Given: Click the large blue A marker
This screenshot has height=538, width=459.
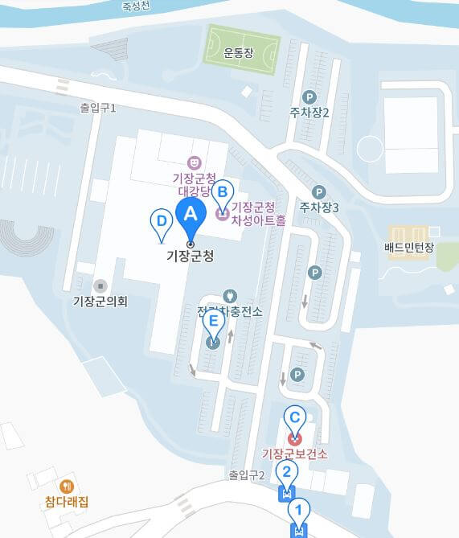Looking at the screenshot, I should tap(191, 214).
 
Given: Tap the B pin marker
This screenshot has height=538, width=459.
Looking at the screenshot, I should tap(223, 192).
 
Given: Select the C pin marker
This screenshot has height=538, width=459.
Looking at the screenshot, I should tap(295, 417).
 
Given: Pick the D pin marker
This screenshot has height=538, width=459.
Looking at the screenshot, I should tap(162, 220).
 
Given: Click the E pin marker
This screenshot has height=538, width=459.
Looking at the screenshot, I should tap(213, 322).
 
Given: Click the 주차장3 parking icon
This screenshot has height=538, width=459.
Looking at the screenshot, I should tap(318, 192).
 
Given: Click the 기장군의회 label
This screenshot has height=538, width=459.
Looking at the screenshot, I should tap(100, 302).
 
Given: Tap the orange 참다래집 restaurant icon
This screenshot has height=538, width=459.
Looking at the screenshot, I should tap(67, 486).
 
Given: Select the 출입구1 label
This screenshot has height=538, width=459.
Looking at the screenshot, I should tap(98, 107).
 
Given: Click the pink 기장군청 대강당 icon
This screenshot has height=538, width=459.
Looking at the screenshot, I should tap(193, 162).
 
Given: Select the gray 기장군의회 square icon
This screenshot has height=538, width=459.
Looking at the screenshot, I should tap(100, 285).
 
